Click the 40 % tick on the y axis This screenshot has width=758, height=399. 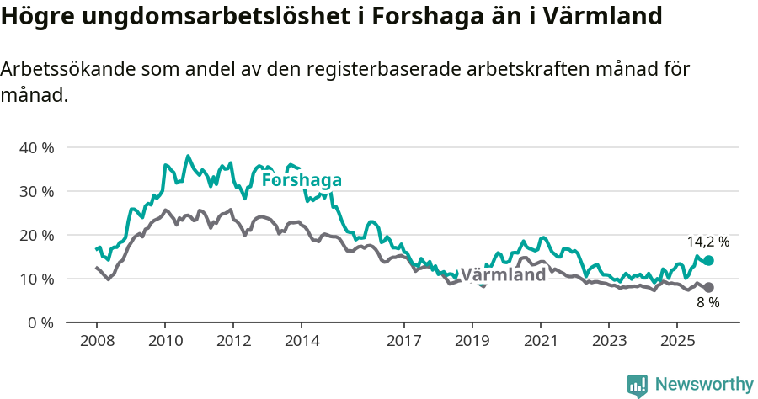tap(36, 147)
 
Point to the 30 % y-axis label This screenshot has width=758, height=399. tap(36, 191)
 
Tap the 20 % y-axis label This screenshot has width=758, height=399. tap(36, 235)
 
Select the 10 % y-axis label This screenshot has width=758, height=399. tap(36, 279)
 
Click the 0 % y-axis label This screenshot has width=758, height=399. tap(40, 322)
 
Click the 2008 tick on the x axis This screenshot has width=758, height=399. tap(96, 341)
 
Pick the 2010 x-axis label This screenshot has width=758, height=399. tap(165, 341)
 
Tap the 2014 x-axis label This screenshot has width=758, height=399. tap(302, 341)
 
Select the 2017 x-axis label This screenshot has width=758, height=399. tap(403, 341)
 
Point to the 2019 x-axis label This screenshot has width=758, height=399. tap(472, 341)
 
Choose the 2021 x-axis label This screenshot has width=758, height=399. tap(540, 341)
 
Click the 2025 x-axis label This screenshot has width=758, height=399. tap(676, 341)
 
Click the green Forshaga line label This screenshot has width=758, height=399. tap(302, 180)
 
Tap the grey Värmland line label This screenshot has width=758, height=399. tap(503, 275)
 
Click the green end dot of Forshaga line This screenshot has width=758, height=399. tap(708, 261)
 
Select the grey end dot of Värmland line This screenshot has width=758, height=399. tap(708, 288)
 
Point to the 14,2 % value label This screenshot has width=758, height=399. tap(707, 242)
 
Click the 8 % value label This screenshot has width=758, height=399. tap(707, 303)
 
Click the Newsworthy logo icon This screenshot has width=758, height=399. tap(638, 385)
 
